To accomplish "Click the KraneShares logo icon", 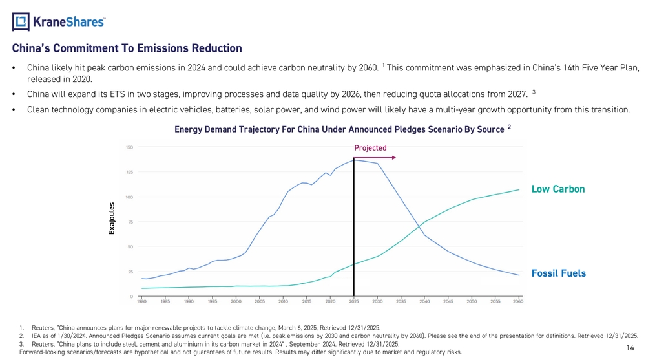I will (x=21, y=21).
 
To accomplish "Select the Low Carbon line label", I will (x=557, y=189).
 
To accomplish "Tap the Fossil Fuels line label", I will (x=558, y=273).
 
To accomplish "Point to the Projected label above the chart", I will (x=370, y=148).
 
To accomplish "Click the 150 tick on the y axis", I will (x=130, y=147).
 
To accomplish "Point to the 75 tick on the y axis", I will (x=131, y=221).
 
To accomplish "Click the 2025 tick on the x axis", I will (x=354, y=301).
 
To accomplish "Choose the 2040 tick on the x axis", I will (x=424, y=301).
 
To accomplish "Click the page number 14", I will (x=630, y=348).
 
